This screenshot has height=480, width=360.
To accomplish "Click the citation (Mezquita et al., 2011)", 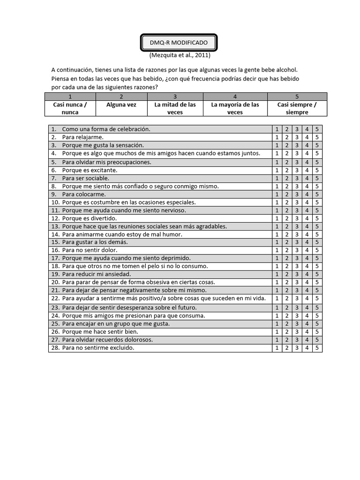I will [180, 55].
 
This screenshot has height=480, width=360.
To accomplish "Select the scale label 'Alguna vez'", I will [121, 105].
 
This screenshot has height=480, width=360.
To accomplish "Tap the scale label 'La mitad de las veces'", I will [175, 108].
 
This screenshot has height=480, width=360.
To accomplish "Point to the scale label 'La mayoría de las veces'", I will [235, 108].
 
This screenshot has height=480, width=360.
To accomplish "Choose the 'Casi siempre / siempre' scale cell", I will [297, 108].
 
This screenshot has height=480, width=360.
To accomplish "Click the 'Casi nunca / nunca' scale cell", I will [70, 108].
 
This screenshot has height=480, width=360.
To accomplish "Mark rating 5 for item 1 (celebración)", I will [317, 129].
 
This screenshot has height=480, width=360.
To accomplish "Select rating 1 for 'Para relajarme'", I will [277, 137].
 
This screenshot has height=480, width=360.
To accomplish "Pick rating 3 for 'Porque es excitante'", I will [297, 170].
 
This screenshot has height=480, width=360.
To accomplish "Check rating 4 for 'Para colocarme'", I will [307, 194].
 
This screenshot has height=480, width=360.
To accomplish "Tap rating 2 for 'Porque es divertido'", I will [286, 218].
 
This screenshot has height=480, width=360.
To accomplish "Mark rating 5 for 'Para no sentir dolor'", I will [317, 250].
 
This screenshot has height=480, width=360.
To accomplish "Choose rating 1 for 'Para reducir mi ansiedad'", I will [277, 274].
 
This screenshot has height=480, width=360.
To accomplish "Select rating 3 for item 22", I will [297, 298].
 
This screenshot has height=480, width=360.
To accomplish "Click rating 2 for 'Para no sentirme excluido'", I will [286, 348].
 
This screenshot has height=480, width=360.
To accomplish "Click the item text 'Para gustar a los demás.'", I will [95, 242].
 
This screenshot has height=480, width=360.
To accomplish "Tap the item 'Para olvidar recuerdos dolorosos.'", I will [107, 340].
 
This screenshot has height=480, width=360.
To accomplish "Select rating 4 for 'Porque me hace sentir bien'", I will [307, 332].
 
